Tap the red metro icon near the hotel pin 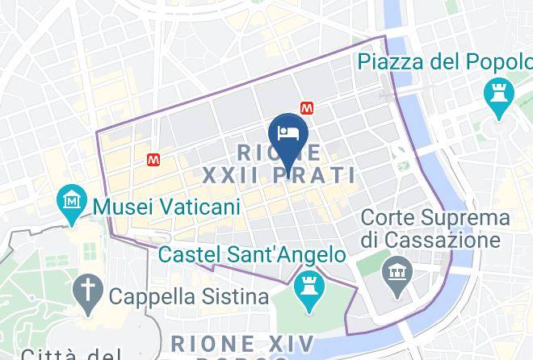[307, 107]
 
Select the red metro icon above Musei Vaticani [153, 160]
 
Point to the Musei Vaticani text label [167, 207]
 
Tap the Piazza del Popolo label [444, 62]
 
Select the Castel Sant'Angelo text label [254, 255]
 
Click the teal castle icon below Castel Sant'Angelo [308, 284]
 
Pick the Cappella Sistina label [190, 296]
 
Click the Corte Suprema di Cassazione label [435, 228]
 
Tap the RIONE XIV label [243, 342]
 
